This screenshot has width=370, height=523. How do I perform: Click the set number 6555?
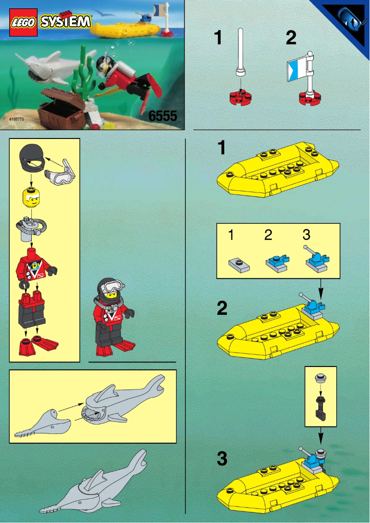[x=162, y=116]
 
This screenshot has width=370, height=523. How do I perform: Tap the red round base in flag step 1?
[x=240, y=97]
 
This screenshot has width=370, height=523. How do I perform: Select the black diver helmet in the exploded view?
[x=31, y=160]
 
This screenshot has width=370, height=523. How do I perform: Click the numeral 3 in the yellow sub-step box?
[x=306, y=235]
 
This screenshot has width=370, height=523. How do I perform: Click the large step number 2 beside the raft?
[x=222, y=308]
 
